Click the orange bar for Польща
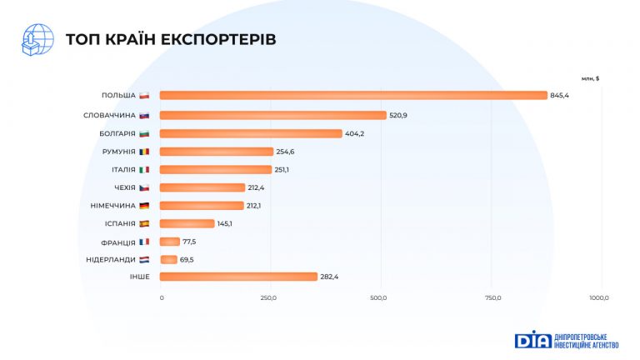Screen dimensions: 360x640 (x=353, y=95)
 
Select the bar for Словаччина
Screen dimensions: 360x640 (x=273, y=115)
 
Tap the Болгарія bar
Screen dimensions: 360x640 (x=251, y=133)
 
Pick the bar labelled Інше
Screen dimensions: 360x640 (x=238, y=277)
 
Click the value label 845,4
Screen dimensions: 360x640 (x=560, y=96)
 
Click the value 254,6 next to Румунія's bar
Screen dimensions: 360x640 (x=286, y=152)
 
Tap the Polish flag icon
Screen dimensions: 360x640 (x=144, y=96)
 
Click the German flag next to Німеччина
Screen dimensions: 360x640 (x=144, y=205)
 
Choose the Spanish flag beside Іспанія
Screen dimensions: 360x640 (x=144, y=223)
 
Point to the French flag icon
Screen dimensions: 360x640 (x=144, y=242)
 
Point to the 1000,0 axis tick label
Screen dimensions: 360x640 (x=599, y=297)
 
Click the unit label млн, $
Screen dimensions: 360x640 (x=591, y=78)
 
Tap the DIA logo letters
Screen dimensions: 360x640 (x=530, y=340)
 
